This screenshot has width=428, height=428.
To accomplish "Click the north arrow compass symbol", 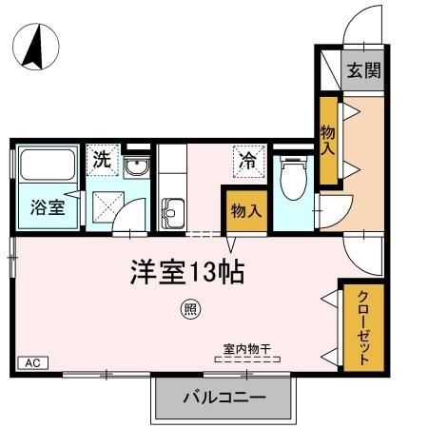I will [35, 48].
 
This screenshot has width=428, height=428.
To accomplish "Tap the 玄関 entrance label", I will [362, 70].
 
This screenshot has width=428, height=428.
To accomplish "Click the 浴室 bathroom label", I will [46, 206].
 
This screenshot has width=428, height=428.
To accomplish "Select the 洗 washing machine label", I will [100, 158].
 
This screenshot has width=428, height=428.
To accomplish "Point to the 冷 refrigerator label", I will [245, 159].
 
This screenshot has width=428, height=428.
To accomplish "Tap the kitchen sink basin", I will [172, 209].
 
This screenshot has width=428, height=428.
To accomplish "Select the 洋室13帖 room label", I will [187, 273].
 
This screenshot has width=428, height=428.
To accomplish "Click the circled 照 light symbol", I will [189, 309].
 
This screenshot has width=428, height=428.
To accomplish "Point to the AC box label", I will [30, 362].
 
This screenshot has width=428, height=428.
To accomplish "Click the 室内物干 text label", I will [246, 348].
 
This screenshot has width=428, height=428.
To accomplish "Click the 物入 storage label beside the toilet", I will [245, 210].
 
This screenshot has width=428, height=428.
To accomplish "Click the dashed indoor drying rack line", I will [245, 360].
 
